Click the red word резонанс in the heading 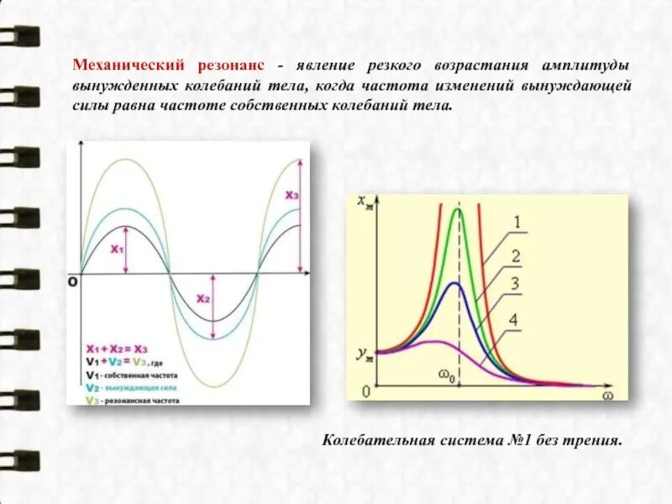(232, 65)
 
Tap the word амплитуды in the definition (586, 65)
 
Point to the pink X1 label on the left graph (117, 249)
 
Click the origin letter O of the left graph (73, 282)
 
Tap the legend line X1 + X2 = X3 (117, 347)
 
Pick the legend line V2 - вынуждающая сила (129, 388)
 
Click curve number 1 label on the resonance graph (517, 222)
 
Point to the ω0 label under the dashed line (446, 377)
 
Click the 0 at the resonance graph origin (365, 391)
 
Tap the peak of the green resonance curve (458, 209)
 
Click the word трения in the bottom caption (595, 439)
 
